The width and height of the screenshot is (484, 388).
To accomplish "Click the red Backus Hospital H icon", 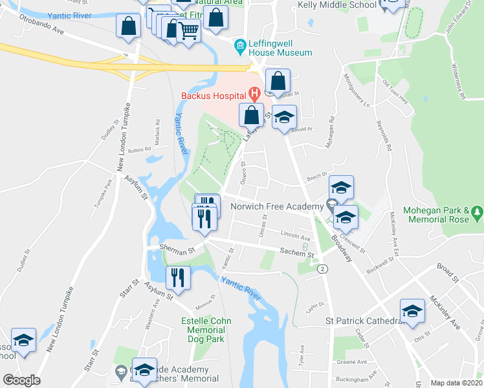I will point(255,94).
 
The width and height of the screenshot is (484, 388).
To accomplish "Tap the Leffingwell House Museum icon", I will point(241,45).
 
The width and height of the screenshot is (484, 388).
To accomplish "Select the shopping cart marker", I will point(188,30).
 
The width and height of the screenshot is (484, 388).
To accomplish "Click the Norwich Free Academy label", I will point(276,206).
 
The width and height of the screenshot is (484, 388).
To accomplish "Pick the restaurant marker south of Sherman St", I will point(177,277).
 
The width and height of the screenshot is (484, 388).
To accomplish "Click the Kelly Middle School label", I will point(336,5).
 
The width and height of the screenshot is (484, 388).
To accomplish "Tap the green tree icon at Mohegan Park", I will point(478,211).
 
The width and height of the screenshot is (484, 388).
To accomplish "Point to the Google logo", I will point(21,380).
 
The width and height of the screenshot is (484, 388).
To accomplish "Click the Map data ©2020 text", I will point(456,383).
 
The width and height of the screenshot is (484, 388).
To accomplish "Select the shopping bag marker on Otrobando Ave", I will point(129,27).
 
